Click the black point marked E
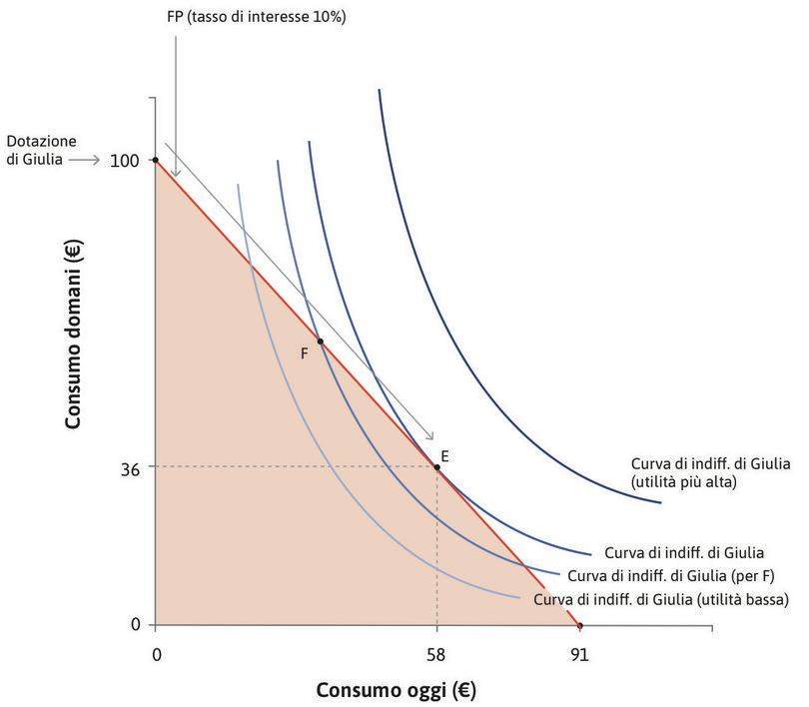436,467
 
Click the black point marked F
320,342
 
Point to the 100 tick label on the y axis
127,160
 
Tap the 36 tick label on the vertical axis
131,466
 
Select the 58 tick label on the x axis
436,655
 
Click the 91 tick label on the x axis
579,655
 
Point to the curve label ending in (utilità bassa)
662,600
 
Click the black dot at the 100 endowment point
155,160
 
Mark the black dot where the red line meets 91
579,626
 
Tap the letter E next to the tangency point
444,455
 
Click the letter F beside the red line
304,353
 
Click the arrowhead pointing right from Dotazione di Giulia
93,160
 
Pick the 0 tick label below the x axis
156,655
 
